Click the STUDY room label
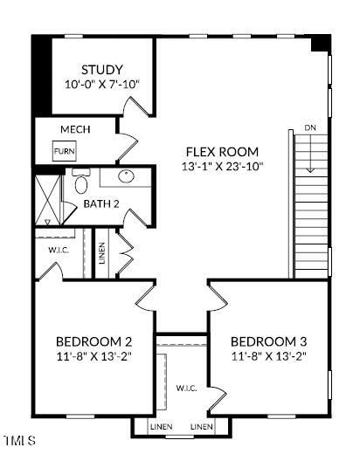pyautogui.click(x=101, y=70)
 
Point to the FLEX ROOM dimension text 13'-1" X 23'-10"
pyautogui.click(x=222, y=167)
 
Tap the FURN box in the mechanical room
pyautogui.click(x=65, y=151)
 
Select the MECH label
pyautogui.click(x=75, y=129)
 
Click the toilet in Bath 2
pyautogui.click(x=81, y=181)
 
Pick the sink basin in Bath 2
pyautogui.click(x=126, y=176)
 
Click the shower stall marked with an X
pyautogui.click(x=47, y=200)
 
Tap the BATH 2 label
pyautogui.click(x=101, y=203)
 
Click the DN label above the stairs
pyautogui.click(x=310, y=127)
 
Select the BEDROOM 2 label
pyautogui.click(x=93, y=341)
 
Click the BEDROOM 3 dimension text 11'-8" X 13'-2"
pyautogui.click(x=269, y=356)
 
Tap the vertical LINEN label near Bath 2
pyautogui.click(x=102, y=253)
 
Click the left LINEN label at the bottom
pyautogui.click(x=161, y=426)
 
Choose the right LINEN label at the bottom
pyautogui.click(x=202, y=426)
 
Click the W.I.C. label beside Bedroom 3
pyautogui.click(x=186, y=388)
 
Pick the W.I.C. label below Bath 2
pyautogui.click(x=59, y=251)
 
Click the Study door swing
pyautogui.click(x=136, y=105)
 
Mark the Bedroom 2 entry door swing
pyautogui.click(x=146, y=298)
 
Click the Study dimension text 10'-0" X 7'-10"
pyautogui.click(x=101, y=85)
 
